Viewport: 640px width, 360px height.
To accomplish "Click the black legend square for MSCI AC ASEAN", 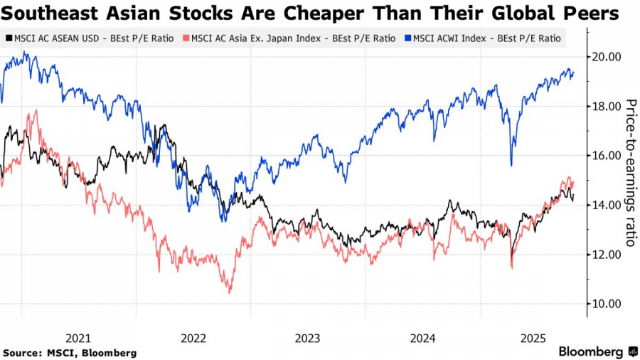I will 8,38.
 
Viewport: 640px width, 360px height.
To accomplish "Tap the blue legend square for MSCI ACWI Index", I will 408,38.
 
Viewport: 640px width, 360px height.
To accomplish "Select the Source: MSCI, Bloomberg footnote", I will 70,352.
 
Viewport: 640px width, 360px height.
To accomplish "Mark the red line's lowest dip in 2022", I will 229,292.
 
